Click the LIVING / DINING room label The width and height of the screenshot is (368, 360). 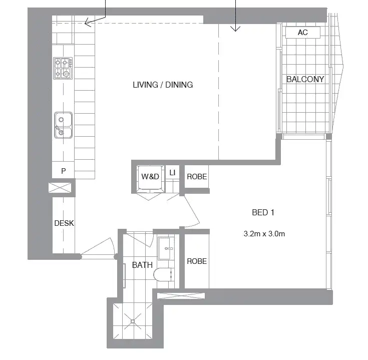point(163,85)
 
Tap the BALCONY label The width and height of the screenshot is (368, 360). point(305,79)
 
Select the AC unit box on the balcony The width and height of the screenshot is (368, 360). point(302,33)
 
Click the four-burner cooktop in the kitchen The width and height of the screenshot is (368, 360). point(63,69)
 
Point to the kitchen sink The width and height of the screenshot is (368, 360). point(63,125)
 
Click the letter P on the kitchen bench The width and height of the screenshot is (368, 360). point(64,171)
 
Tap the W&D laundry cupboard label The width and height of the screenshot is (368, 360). point(150,176)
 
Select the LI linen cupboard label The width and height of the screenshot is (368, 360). point(172,173)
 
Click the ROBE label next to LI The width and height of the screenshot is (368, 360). point(197,177)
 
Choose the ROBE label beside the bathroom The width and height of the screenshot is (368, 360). point(197,261)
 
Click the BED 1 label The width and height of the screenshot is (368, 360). point(263,212)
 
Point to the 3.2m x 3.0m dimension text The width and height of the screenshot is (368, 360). point(264,233)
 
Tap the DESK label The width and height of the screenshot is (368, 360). point(64,223)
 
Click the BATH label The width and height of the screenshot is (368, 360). point(142,265)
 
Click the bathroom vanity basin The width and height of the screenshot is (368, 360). point(167,248)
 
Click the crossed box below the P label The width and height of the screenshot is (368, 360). point(62,189)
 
